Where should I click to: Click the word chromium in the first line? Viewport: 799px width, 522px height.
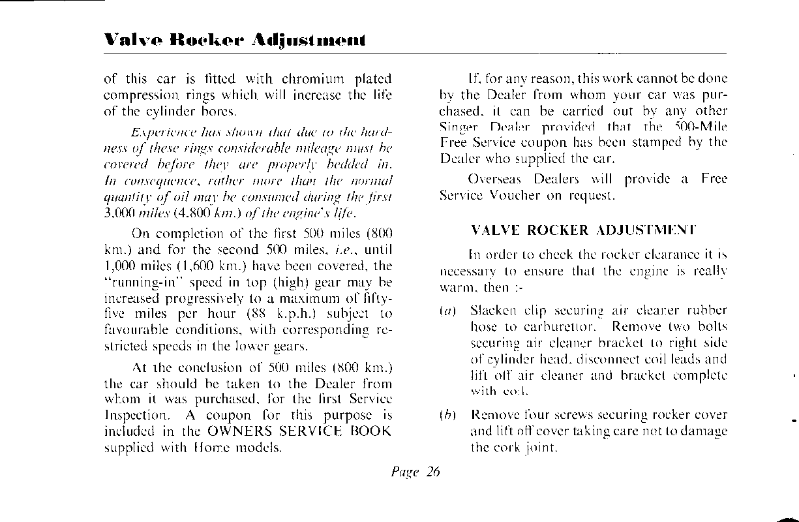click(x=316, y=80)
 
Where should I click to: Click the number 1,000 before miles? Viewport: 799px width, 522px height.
click(x=118, y=266)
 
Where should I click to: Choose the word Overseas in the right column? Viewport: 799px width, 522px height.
click(x=493, y=179)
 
